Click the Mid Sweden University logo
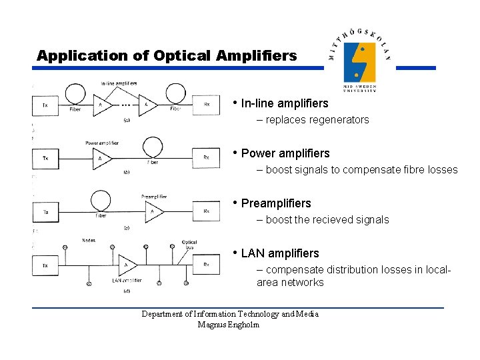(360, 61)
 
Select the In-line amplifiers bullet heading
(285, 103)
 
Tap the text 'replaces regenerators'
(317, 120)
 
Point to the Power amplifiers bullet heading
(285, 153)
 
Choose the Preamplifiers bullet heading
(276, 203)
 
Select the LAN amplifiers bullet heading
(280, 253)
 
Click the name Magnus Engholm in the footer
(229, 325)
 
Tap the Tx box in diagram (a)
(45, 105)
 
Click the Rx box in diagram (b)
(206, 158)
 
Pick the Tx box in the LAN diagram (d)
(45, 265)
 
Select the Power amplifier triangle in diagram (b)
(102, 159)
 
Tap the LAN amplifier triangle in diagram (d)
(127, 265)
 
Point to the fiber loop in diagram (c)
(101, 199)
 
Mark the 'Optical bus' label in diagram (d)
(189, 245)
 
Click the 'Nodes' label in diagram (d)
(89, 241)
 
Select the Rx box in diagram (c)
(206, 211)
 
